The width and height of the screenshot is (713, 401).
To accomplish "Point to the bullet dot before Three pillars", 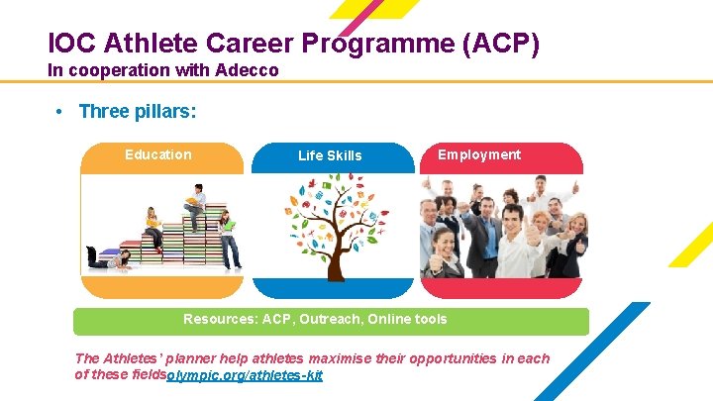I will (61, 112).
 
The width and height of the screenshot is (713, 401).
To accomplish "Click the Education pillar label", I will (158, 154).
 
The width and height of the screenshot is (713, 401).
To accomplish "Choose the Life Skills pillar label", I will (330, 155).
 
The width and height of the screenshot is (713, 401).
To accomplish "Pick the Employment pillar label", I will (479, 154).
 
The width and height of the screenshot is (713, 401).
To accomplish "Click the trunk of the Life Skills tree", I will (333, 252).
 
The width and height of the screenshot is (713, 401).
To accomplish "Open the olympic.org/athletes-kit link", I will (245, 376).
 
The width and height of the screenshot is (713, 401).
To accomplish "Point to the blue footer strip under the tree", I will (333, 288).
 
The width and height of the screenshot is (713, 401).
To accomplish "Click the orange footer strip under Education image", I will (161, 287).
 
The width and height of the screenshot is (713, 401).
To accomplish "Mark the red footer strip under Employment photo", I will (501, 288).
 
